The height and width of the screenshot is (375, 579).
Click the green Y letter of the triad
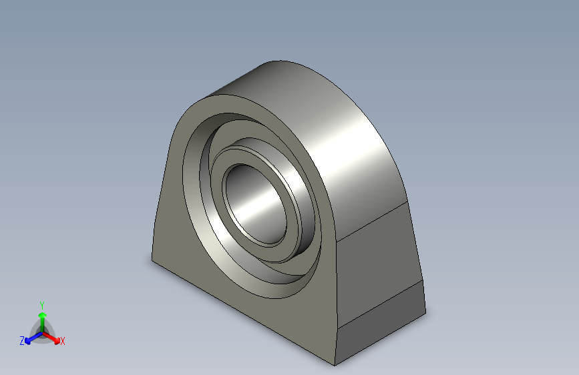pos(41,304)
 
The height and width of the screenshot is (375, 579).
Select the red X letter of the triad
pos(63,342)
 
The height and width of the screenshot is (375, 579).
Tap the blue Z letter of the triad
pos(22,341)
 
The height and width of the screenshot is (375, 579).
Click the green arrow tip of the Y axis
pos(41,315)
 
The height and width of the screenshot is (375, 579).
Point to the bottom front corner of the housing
pos(335,365)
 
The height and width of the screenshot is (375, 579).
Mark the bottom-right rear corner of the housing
pos(425,312)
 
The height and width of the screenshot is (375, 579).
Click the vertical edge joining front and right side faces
pos(336,300)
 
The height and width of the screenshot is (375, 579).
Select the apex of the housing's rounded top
pos(277,61)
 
